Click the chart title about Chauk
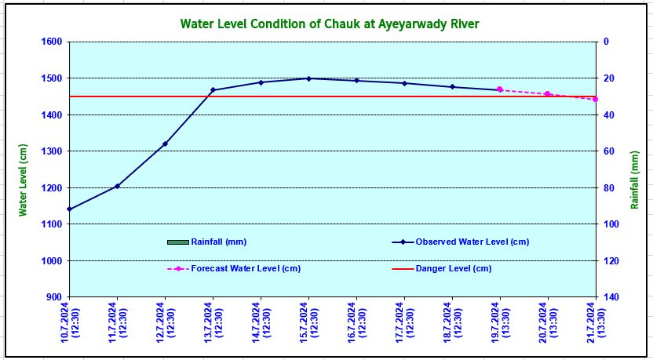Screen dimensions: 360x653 [x=330, y=24]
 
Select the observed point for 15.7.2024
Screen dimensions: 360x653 [x=308, y=78]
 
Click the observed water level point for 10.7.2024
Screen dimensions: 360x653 [x=69, y=209]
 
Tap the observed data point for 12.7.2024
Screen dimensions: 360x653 [x=165, y=144]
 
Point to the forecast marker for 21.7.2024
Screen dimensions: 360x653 [x=596, y=99]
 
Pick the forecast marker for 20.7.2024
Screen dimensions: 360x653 [x=548, y=94]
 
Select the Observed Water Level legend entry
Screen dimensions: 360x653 [x=472, y=242]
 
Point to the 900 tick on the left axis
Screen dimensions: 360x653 [x=54, y=297]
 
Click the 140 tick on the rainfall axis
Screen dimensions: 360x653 [x=610, y=297]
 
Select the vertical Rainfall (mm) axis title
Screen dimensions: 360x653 [x=635, y=180]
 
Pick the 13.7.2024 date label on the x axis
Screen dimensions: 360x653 [x=213, y=322]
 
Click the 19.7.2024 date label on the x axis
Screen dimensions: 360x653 [x=500, y=322]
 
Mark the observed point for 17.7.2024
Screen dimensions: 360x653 [x=404, y=83]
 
